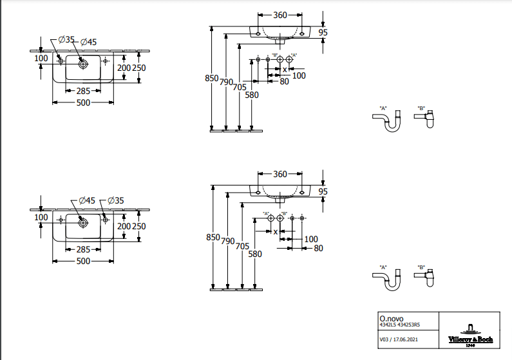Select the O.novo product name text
(x=390, y=317)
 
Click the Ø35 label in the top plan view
(x=66, y=40)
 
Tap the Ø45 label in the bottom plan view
(x=86, y=201)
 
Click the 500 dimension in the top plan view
(x=82, y=102)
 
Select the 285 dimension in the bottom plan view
(x=82, y=249)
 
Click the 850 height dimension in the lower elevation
(x=213, y=237)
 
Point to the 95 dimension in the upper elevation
(x=323, y=32)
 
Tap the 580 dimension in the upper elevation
(x=252, y=95)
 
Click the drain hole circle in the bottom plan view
(x=82, y=223)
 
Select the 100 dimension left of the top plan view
(x=41, y=58)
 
